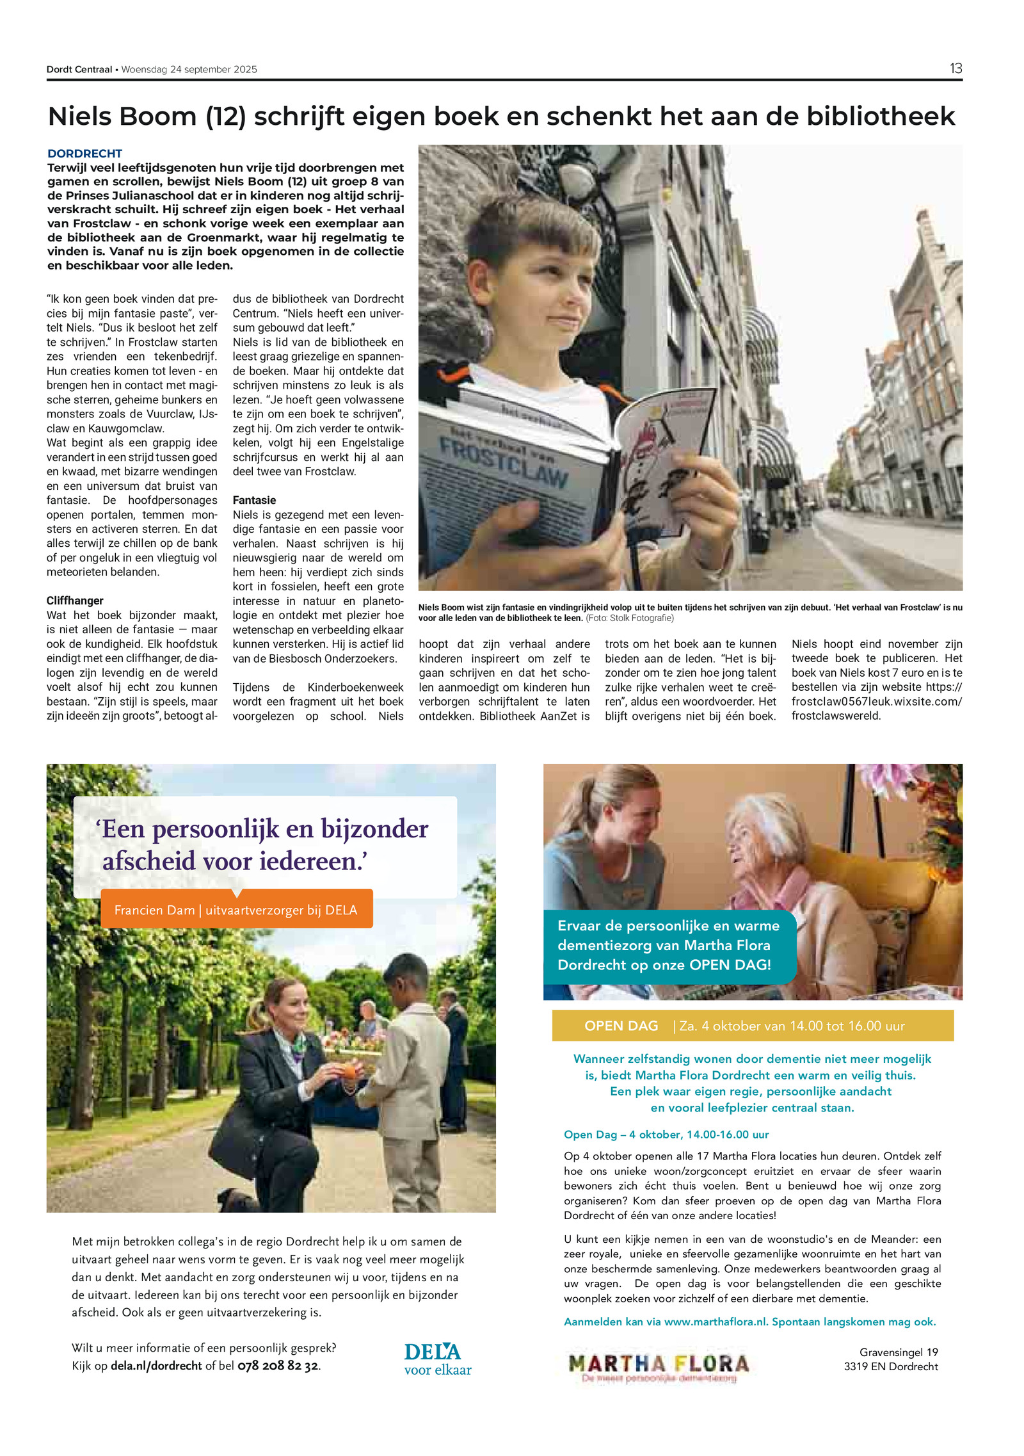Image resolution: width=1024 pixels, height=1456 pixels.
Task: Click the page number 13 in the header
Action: [x=955, y=69]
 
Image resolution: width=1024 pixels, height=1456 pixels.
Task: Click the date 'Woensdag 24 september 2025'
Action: [x=189, y=70]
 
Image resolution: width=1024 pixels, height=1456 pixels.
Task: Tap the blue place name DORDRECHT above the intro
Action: [x=84, y=154]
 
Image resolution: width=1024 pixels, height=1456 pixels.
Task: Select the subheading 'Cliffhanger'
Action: [x=75, y=601]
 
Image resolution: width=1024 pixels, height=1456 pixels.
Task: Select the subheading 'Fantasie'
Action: [x=254, y=500]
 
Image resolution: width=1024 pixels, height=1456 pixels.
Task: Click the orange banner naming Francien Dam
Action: [x=236, y=910]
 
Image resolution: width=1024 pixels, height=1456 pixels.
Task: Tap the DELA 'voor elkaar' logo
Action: [x=437, y=1359]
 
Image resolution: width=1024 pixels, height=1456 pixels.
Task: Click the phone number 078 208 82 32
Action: [x=278, y=1366]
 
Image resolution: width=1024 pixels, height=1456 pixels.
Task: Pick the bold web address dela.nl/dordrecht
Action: [x=156, y=1366]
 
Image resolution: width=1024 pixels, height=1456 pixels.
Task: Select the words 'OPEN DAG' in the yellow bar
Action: [x=621, y=1026]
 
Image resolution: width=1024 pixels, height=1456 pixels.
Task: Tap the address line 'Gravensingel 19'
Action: [x=898, y=1352]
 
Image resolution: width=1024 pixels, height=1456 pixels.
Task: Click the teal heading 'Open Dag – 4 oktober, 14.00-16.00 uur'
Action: [x=666, y=1135]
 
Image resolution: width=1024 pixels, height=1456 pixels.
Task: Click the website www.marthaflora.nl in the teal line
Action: [x=715, y=1322]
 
